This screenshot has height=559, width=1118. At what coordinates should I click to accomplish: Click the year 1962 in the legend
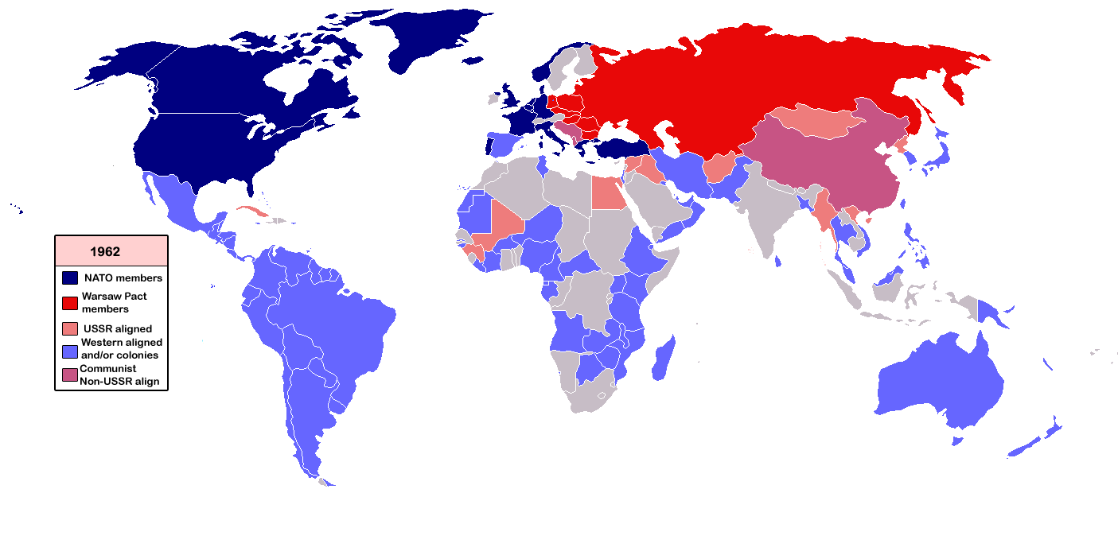pyautogui.click(x=105, y=251)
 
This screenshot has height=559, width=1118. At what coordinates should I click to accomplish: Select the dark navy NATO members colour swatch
pyautogui.click(x=70, y=278)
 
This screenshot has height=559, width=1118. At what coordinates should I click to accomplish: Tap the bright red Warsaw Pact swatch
pyautogui.click(x=70, y=302)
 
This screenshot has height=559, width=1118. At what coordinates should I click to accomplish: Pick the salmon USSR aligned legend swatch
pyautogui.click(x=70, y=328)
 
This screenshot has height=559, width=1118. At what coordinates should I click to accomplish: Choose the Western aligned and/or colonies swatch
pyautogui.click(x=70, y=349)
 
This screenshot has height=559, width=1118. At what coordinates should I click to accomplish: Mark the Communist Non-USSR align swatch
pyautogui.click(x=70, y=375)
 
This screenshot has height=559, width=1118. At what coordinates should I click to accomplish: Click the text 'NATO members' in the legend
pyautogui.click(x=123, y=278)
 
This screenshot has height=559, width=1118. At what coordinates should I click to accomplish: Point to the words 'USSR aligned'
pyautogui.click(x=118, y=328)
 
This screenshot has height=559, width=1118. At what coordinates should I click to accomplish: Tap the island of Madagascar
pyautogui.click(x=664, y=358)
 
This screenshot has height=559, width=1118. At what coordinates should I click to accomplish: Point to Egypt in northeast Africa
pyautogui.click(x=609, y=192)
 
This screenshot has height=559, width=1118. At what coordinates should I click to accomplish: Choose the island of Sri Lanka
pyautogui.click(x=777, y=262)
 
